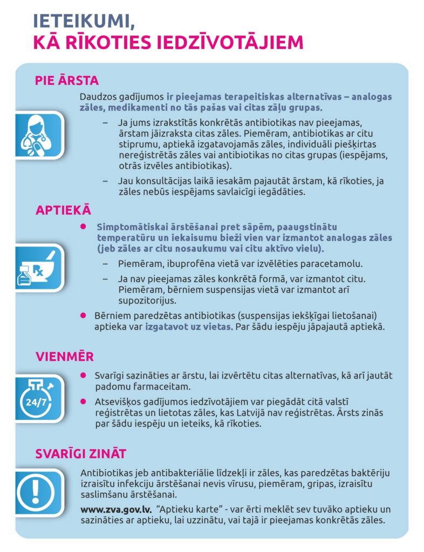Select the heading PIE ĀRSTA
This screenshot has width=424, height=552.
[x=67, y=81]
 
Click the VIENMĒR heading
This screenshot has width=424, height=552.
[x=64, y=357]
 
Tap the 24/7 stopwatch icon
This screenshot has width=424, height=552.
[x=38, y=399]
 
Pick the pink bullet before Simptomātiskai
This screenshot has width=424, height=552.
[x=83, y=227]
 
